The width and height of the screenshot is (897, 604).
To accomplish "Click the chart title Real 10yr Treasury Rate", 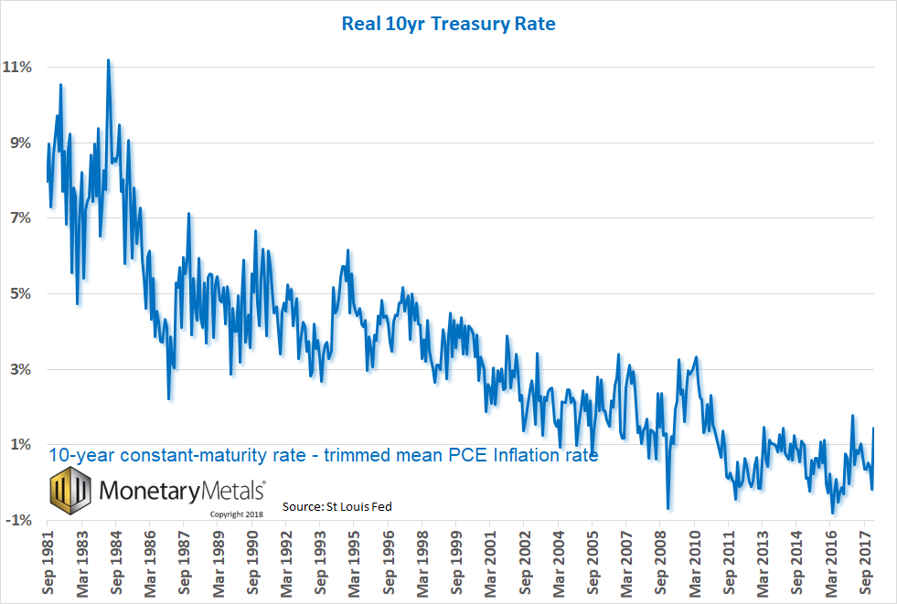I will (x=448, y=24).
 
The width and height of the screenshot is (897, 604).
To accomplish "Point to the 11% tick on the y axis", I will (x=19, y=68).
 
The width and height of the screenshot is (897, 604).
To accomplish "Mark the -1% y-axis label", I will (x=21, y=521).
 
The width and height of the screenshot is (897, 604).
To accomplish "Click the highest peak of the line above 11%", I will (x=109, y=61).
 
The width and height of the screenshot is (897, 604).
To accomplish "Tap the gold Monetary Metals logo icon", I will (x=69, y=490).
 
